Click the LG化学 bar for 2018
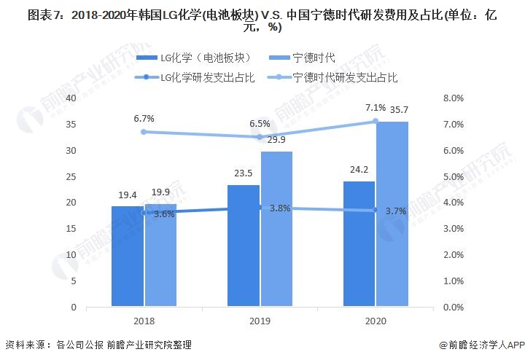pos(128,256)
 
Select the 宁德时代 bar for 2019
pos(276,229)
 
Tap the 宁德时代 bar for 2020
pos(392,214)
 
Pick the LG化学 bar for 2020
pos(359,244)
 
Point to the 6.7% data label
pos(144,117)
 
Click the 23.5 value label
pos(244,173)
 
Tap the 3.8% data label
pos(280,208)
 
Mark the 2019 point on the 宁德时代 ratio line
pos(260,137)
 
